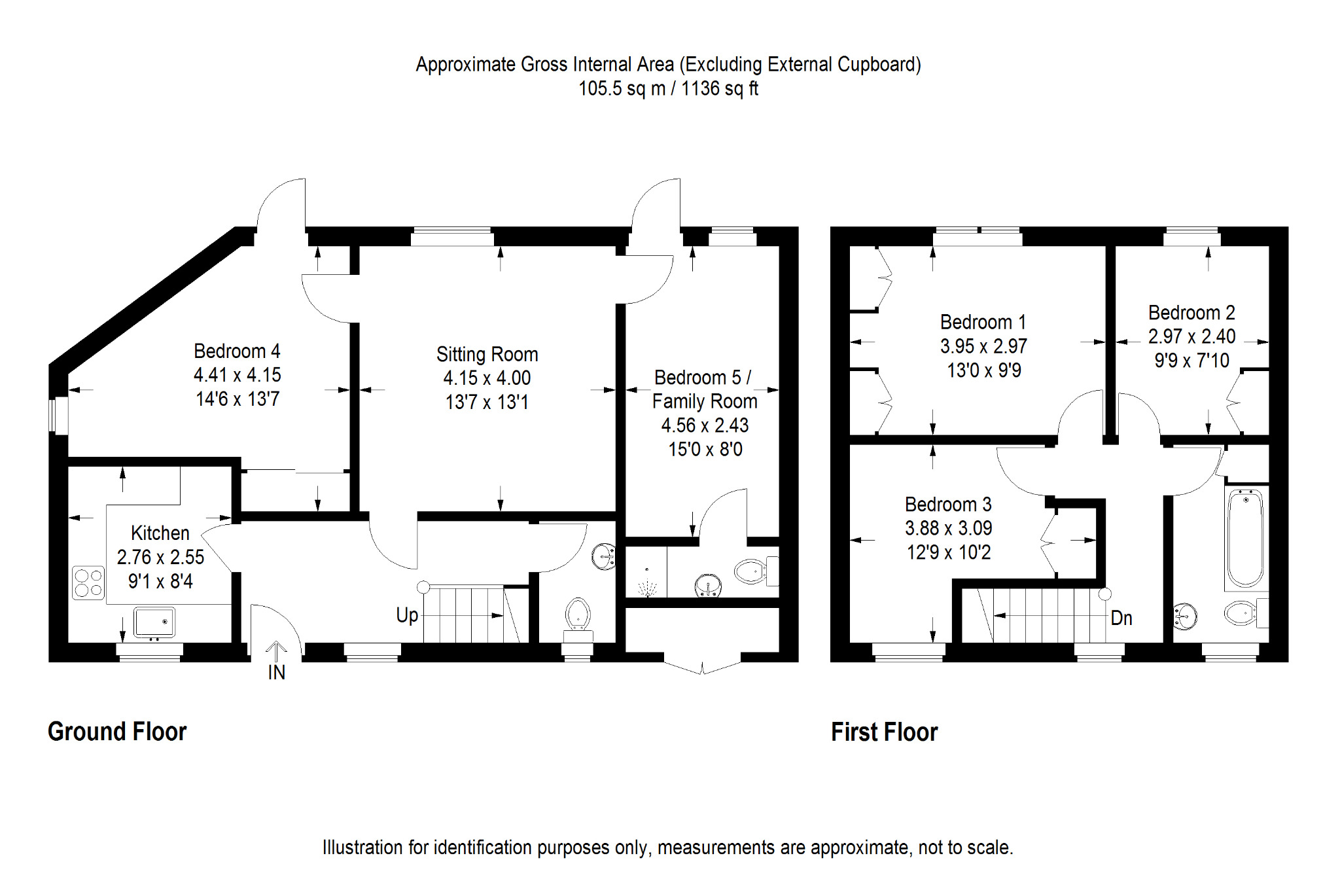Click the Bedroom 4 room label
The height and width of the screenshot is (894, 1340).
point(237,351)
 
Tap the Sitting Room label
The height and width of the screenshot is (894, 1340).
point(487,355)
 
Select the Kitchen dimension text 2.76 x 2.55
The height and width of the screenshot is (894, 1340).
point(160,558)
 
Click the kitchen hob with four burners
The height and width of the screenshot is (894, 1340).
point(88,582)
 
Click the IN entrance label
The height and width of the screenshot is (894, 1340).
point(277,673)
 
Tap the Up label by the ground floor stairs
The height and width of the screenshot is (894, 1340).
point(407,615)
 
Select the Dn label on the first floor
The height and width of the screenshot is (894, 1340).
point(1121,618)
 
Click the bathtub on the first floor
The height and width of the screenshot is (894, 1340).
point(1245,538)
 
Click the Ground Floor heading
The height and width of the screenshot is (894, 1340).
point(117,732)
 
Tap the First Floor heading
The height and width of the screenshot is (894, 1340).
point(884,732)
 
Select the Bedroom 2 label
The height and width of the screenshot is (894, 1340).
point(1191,313)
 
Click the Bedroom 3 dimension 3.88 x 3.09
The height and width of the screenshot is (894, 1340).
point(948,528)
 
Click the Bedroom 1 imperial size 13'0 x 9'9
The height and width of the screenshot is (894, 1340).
point(984,370)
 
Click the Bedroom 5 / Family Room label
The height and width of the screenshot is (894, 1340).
point(705,389)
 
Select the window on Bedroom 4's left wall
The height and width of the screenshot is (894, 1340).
point(59,415)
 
